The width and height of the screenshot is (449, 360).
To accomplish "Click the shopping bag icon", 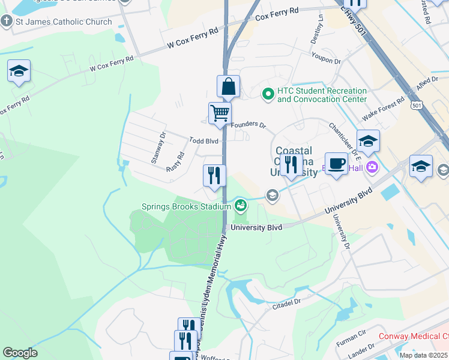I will pos(228,88).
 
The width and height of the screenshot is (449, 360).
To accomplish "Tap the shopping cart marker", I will pos(220,113).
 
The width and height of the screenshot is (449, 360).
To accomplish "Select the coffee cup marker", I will pos(336,164).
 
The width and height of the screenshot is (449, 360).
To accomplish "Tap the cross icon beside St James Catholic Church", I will pos(7,22).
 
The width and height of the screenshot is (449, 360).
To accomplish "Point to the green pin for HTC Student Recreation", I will pos(268,94).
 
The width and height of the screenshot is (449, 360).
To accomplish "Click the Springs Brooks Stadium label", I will pos(186,207).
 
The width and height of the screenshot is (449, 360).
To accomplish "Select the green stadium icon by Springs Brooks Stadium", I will pos(241,206).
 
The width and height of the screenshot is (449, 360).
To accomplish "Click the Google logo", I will pos(20,353).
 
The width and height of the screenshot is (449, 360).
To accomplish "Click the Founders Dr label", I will pos(249,125).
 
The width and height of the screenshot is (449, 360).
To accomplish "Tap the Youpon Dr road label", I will pos(326,61).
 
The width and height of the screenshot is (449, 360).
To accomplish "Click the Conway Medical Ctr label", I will pos(414,337).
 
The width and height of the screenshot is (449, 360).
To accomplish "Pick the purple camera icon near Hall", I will pos(373,166).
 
